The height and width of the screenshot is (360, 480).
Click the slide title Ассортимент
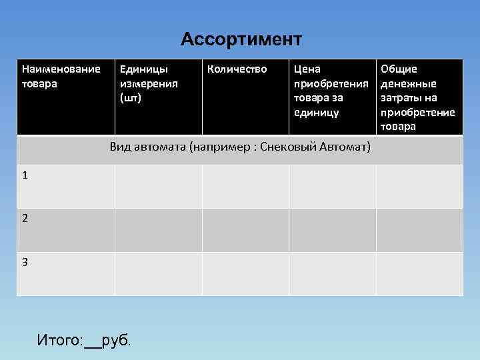tap(241, 39)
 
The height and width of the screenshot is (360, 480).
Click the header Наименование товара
tap(61, 76)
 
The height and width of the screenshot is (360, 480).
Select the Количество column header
tap(237, 69)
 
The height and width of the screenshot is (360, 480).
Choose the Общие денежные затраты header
tap(417, 97)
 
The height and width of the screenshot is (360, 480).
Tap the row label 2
tap(25, 218)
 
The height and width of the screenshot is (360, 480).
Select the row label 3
tap(25, 262)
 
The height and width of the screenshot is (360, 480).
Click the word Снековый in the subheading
tap(293, 147)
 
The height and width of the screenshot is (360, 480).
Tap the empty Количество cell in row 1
tap(245, 186)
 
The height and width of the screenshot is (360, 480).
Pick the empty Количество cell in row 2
tap(245, 229)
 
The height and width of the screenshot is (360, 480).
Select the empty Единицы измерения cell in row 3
tap(158, 273)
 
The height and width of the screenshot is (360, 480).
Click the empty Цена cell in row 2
tap(332, 229)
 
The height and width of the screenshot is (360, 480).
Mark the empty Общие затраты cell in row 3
tap(419, 273)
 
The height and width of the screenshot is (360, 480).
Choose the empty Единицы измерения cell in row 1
tap(158, 186)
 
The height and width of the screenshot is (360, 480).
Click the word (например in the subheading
tap(215, 147)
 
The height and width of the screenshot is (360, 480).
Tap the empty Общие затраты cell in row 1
tap(419, 186)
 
